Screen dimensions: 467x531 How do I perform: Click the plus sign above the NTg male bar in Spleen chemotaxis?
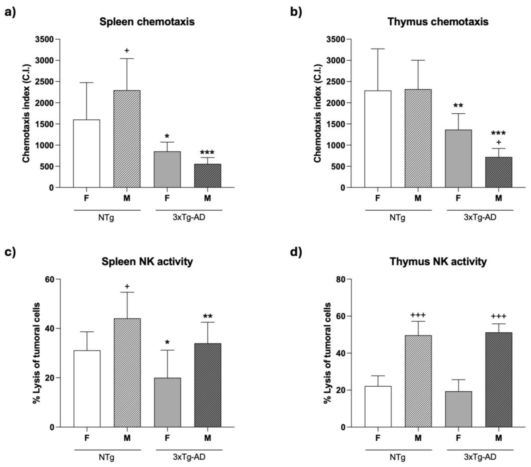127,50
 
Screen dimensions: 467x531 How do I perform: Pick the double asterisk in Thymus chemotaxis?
458,106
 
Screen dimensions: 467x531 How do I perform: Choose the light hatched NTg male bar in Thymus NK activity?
418,381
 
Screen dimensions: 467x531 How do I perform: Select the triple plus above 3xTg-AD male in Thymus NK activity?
498,316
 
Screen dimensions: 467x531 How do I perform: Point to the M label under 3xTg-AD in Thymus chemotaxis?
498,198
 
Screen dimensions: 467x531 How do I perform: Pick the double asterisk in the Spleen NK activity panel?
208,316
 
